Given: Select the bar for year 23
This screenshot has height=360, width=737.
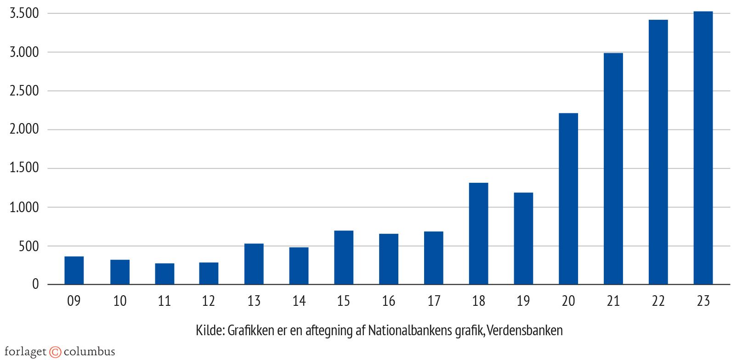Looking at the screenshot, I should point(703,148).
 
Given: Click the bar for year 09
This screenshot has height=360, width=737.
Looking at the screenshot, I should point(74,270).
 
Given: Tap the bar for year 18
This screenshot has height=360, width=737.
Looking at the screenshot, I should point(478,234).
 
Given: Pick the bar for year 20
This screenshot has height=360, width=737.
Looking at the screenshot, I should point(568,199).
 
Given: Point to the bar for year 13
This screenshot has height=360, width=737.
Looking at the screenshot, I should point(254,264).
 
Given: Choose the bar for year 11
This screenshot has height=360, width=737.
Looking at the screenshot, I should point(164,274).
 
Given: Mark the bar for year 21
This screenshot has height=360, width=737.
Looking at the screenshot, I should point(613,169).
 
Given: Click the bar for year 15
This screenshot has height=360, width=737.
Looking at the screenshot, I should point(344,258).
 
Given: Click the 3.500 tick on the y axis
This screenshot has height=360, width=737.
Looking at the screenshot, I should point(24,14).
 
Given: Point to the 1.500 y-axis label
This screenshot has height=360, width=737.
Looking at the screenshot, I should point(24,169).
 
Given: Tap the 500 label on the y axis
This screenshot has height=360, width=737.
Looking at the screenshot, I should point(29,246).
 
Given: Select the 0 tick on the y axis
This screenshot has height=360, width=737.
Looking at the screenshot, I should point(36,285).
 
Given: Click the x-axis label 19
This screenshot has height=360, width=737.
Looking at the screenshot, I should point(523,301).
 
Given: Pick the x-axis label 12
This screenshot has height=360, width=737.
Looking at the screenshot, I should point(209,301).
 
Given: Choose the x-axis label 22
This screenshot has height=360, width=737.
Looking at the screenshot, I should point(658,301).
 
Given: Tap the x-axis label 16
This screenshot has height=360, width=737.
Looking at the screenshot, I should point(389,301).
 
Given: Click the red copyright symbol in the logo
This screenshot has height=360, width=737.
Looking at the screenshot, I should point(55,352).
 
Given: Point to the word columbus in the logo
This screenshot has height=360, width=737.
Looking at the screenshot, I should point(89,352).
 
